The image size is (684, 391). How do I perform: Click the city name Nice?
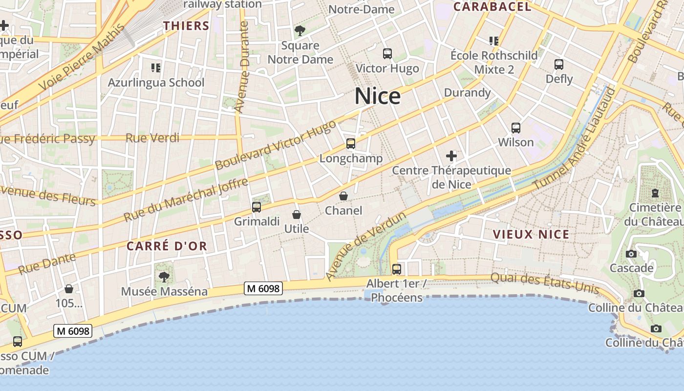pyautogui.click(x=378, y=96)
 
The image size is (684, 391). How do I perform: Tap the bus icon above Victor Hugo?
pyautogui.click(x=387, y=54)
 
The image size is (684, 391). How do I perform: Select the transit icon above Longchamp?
pyautogui.click(x=351, y=144)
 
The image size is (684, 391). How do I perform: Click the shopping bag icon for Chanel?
pyautogui.click(x=344, y=196)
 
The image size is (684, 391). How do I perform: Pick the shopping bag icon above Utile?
pyautogui.click(x=296, y=215)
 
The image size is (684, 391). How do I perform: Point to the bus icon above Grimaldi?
pyautogui.click(x=256, y=207)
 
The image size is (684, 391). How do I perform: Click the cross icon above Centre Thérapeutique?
pyautogui.click(x=451, y=156)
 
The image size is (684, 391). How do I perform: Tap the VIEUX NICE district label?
pyautogui.click(x=531, y=234)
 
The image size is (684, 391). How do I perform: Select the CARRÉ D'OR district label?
pyautogui.click(x=167, y=246)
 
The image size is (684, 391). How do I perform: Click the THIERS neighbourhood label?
pyautogui.click(x=186, y=26)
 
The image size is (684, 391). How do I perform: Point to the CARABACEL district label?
pyautogui.click(x=492, y=7)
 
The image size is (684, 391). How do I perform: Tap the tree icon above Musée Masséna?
pyautogui.click(x=164, y=277)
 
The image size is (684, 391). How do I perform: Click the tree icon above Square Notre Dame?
pyautogui.click(x=300, y=31)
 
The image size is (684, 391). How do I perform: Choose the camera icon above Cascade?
pyautogui.click(x=631, y=254)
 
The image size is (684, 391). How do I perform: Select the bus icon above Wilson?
pyautogui.click(x=516, y=128)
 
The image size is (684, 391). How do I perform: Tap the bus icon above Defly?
pyautogui.click(x=559, y=64)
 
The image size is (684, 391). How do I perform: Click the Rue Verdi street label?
pyautogui.click(x=152, y=138)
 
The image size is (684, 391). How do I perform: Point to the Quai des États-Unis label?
pyautogui.click(x=544, y=282)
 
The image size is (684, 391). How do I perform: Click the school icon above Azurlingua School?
pyautogui.click(x=156, y=67)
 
